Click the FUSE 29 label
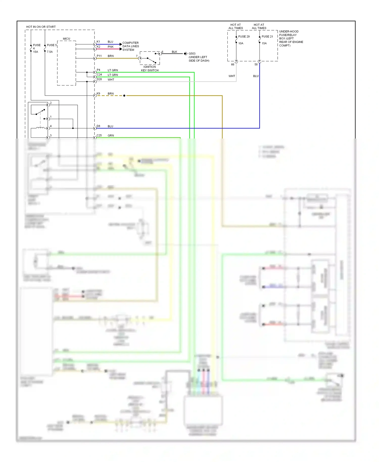(x=244, y=36)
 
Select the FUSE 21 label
(x=267, y=36)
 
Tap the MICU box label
(x=66, y=39)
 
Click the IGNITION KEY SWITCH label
(x=150, y=68)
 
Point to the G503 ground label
(x=192, y=54)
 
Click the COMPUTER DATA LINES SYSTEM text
(x=130, y=46)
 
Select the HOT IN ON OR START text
(x=41, y=27)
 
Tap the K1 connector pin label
(x=98, y=42)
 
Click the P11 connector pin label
(x=99, y=56)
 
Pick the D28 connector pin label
(x=99, y=79)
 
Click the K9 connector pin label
(x=98, y=94)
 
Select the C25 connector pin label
(x=99, y=135)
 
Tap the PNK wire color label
(x=110, y=47)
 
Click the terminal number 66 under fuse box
(x=232, y=64)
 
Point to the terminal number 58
(x=256, y=64)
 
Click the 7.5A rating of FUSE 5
(x=50, y=52)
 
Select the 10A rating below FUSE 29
(x=241, y=43)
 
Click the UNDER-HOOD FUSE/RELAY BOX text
(x=291, y=38)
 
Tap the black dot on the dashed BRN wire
(x=124, y=96)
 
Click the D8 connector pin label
(x=98, y=126)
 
